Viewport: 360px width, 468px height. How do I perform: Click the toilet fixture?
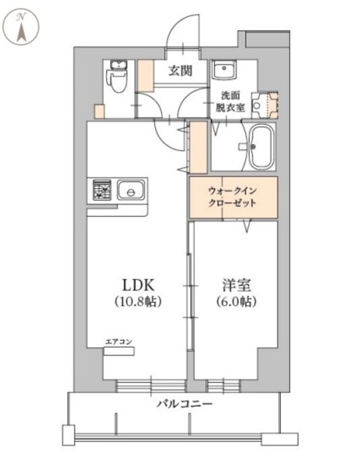click(x=115, y=78)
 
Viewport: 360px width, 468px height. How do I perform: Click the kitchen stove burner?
click(x=100, y=192)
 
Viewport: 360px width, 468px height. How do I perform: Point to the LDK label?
click(x=136, y=284)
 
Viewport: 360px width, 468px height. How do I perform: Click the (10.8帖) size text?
click(x=137, y=301)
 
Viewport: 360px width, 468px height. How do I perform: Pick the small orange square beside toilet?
click(x=98, y=113)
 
